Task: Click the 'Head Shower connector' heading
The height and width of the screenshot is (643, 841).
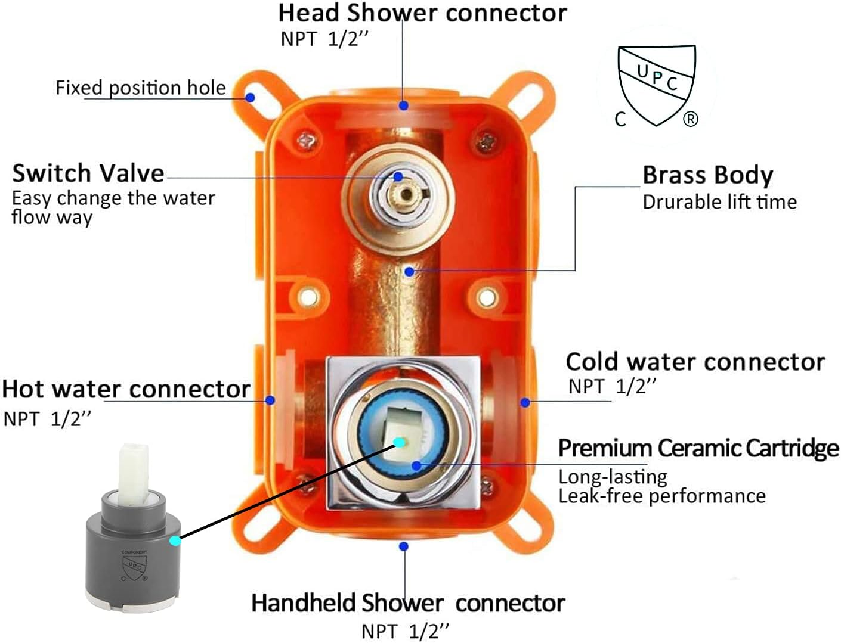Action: (x=422, y=13)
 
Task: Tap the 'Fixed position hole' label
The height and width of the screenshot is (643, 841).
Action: (x=141, y=88)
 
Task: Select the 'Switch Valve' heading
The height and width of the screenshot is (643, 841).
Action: (x=88, y=173)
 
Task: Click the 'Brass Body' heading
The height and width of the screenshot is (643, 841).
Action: (x=707, y=175)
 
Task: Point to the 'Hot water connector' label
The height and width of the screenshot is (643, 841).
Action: (x=126, y=389)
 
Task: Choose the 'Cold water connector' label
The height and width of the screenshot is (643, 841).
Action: (x=695, y=362)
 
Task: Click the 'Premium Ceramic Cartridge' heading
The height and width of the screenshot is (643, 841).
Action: (x=698, y=448)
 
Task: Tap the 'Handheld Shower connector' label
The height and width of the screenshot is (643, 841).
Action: (x=408, y=603)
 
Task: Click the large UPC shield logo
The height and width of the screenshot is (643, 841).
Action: (x=657, y=85)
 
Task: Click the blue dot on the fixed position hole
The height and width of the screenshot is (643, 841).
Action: (x=251, y=97)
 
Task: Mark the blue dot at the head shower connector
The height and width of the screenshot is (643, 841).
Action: (x=404, y=105)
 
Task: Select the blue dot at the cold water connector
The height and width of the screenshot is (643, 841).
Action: (x=525, y=403)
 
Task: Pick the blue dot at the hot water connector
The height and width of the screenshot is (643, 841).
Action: (x=270, y=400)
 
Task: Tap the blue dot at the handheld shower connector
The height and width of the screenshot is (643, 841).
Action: (x=404, y=546)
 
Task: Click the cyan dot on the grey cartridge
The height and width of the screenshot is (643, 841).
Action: (x=175, y=541)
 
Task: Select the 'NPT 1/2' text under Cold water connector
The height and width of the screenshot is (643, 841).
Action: (x=612, y=386)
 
